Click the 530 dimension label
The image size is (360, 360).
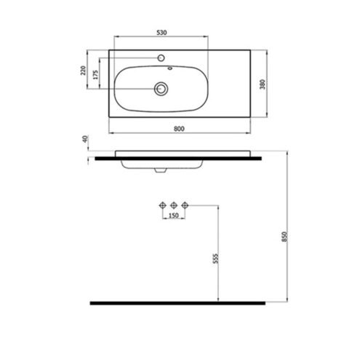tap(161, 32)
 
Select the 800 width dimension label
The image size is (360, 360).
tap(179, 129)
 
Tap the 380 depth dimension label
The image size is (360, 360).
tap(263, 84)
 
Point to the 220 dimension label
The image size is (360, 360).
tap(83, 71)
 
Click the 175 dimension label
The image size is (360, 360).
tap(96, 75)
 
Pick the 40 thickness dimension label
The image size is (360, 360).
tap(85, 139)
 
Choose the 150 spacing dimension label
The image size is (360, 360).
tap(173, 215)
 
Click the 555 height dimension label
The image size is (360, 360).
tap(215, 258)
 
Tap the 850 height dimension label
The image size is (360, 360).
tap(284, 236)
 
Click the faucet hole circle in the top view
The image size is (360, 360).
tap(161, 58)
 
